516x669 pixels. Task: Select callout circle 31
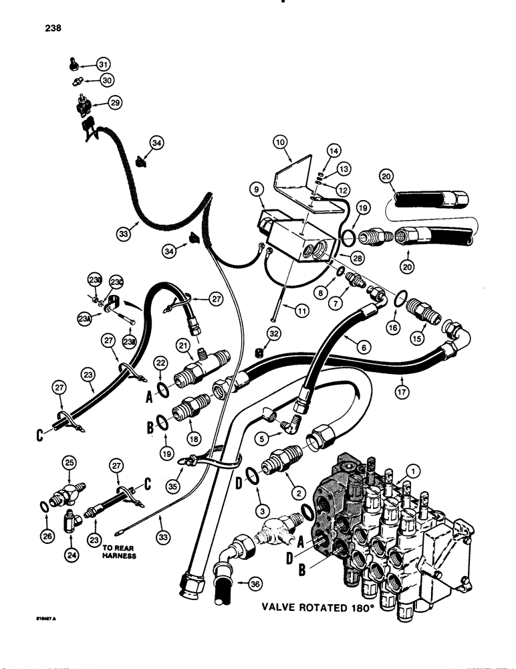click(102, 64)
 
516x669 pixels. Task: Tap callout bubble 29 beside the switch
click(115, 104)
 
